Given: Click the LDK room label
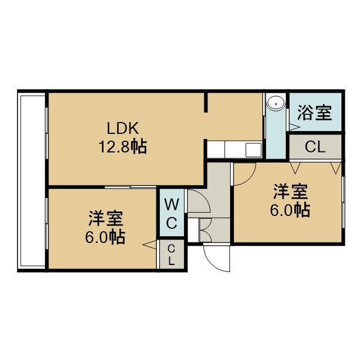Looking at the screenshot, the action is (123, 128).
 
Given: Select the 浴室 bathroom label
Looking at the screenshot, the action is (315, 112).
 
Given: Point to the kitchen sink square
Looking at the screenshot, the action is (254, 149).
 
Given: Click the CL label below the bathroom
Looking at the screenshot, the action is (315, 147).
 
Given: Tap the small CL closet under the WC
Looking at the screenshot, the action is (172, 254).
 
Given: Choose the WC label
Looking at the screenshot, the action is (172, 214).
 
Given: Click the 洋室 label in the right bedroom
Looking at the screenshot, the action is (290, 192).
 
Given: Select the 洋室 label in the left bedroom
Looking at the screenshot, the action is (106, 218).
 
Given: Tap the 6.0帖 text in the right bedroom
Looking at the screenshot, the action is (290, 210).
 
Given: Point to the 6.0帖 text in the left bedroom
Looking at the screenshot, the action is (105, 237).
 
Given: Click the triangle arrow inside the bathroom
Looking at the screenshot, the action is (294, 127).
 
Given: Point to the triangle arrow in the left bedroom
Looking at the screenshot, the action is (149, 245).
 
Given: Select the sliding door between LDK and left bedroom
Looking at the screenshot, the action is (130, 187).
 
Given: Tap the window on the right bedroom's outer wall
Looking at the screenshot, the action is (343, 202).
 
